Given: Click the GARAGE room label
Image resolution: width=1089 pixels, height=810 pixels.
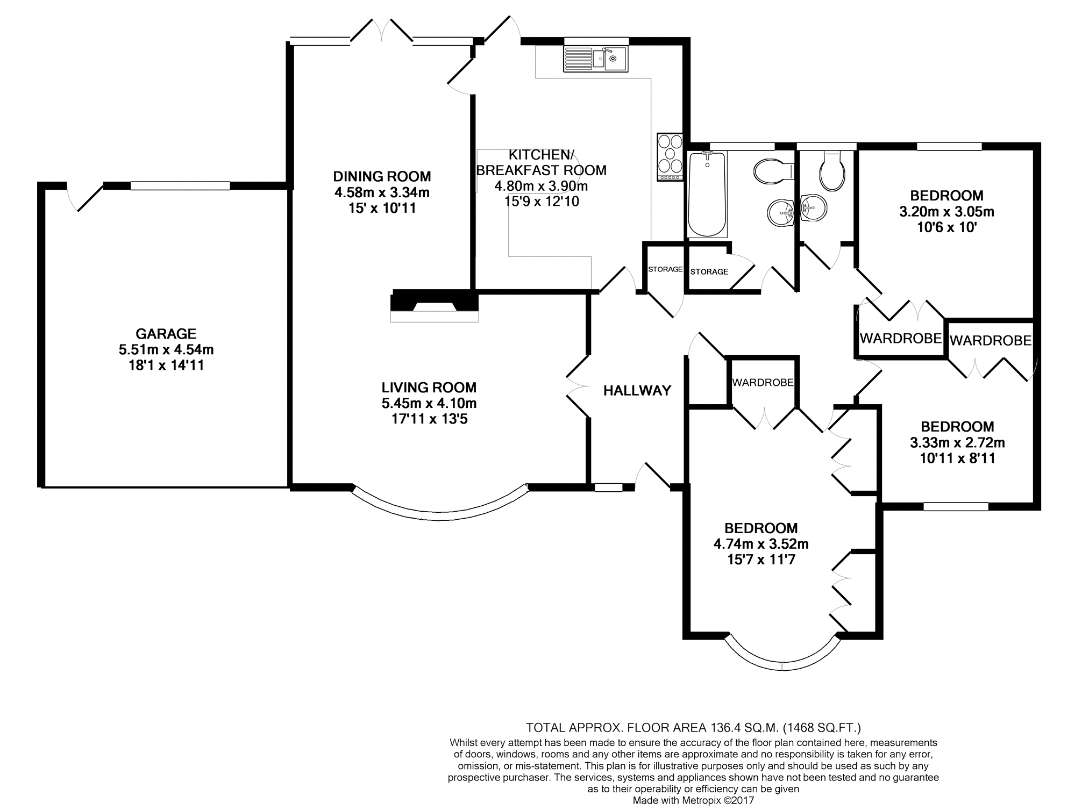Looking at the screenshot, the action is (166, 334).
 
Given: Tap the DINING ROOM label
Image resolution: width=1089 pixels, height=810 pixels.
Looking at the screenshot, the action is (382, 176).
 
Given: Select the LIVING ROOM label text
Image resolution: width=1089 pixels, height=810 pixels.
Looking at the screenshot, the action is (429, 387).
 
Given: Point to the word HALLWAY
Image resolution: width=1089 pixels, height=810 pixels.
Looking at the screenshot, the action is (637, 391).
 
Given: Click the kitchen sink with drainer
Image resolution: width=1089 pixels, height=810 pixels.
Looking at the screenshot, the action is (595, 59).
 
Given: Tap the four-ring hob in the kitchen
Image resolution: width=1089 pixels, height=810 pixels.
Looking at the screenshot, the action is (670, 156).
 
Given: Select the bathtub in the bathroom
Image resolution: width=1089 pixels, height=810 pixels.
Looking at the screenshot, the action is (707, 194).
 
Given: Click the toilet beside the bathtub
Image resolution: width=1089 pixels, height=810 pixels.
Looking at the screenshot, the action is (774, 171).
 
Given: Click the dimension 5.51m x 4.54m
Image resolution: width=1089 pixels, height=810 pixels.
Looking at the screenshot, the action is (166, 350).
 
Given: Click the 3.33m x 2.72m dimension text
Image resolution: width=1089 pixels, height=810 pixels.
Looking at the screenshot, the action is (957, 443).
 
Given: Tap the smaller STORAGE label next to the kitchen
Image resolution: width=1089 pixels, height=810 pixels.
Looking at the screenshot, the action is (665, 269).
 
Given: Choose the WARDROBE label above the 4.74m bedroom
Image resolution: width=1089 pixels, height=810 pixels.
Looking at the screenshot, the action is (763, 383).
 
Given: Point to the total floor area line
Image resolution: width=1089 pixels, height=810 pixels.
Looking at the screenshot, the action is (693, 728).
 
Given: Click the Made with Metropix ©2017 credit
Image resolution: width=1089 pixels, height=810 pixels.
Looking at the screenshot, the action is (693, 800).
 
